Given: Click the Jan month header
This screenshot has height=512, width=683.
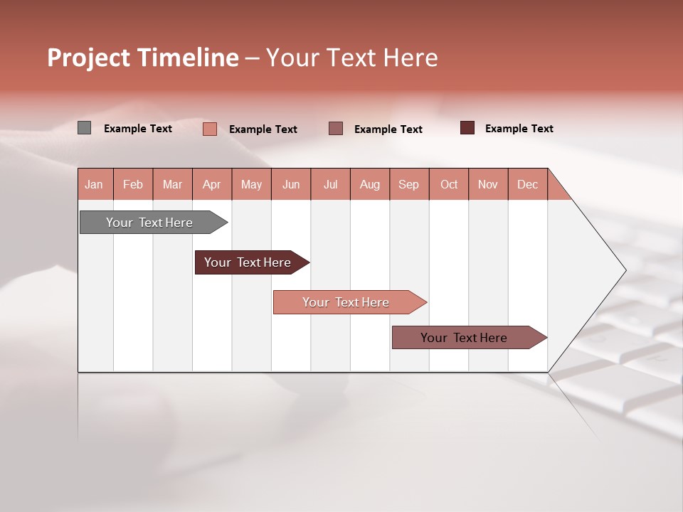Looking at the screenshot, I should [x=94, y=184].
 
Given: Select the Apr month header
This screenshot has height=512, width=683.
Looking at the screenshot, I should [x=212, y=184].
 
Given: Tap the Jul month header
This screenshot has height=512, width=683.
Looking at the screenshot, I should [x=330, y=184].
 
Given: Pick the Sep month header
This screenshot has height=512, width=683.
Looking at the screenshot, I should [x=409, y=184].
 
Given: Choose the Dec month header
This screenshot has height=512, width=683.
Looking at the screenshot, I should [x=527, y=184].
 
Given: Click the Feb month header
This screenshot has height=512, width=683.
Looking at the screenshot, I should [x=133, y=184].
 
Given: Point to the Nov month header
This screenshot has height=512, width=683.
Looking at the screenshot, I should [x=488, y=184].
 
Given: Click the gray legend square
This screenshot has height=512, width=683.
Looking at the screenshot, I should [x=84, y=128].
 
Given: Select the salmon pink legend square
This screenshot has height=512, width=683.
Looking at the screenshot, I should [x=210, y=129].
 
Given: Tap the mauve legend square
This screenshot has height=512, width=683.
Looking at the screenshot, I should [x=336, y=128].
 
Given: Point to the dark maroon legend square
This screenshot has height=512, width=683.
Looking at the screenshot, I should [x=467, y=128].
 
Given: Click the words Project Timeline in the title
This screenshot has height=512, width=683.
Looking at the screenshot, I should [x=142, y=58].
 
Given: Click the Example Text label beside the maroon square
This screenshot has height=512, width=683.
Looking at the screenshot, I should [x=519, y=129].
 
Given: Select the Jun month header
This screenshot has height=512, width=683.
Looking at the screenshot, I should [x=291, y=184].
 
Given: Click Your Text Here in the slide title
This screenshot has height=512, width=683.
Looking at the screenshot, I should [x=351, y=58].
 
